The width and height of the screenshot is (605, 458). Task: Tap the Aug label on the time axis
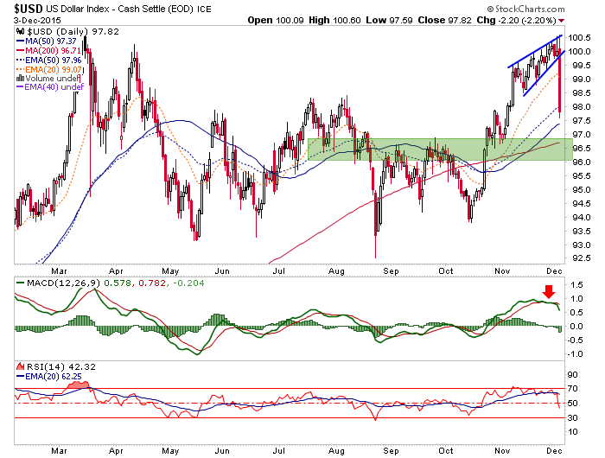pos(336,448)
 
